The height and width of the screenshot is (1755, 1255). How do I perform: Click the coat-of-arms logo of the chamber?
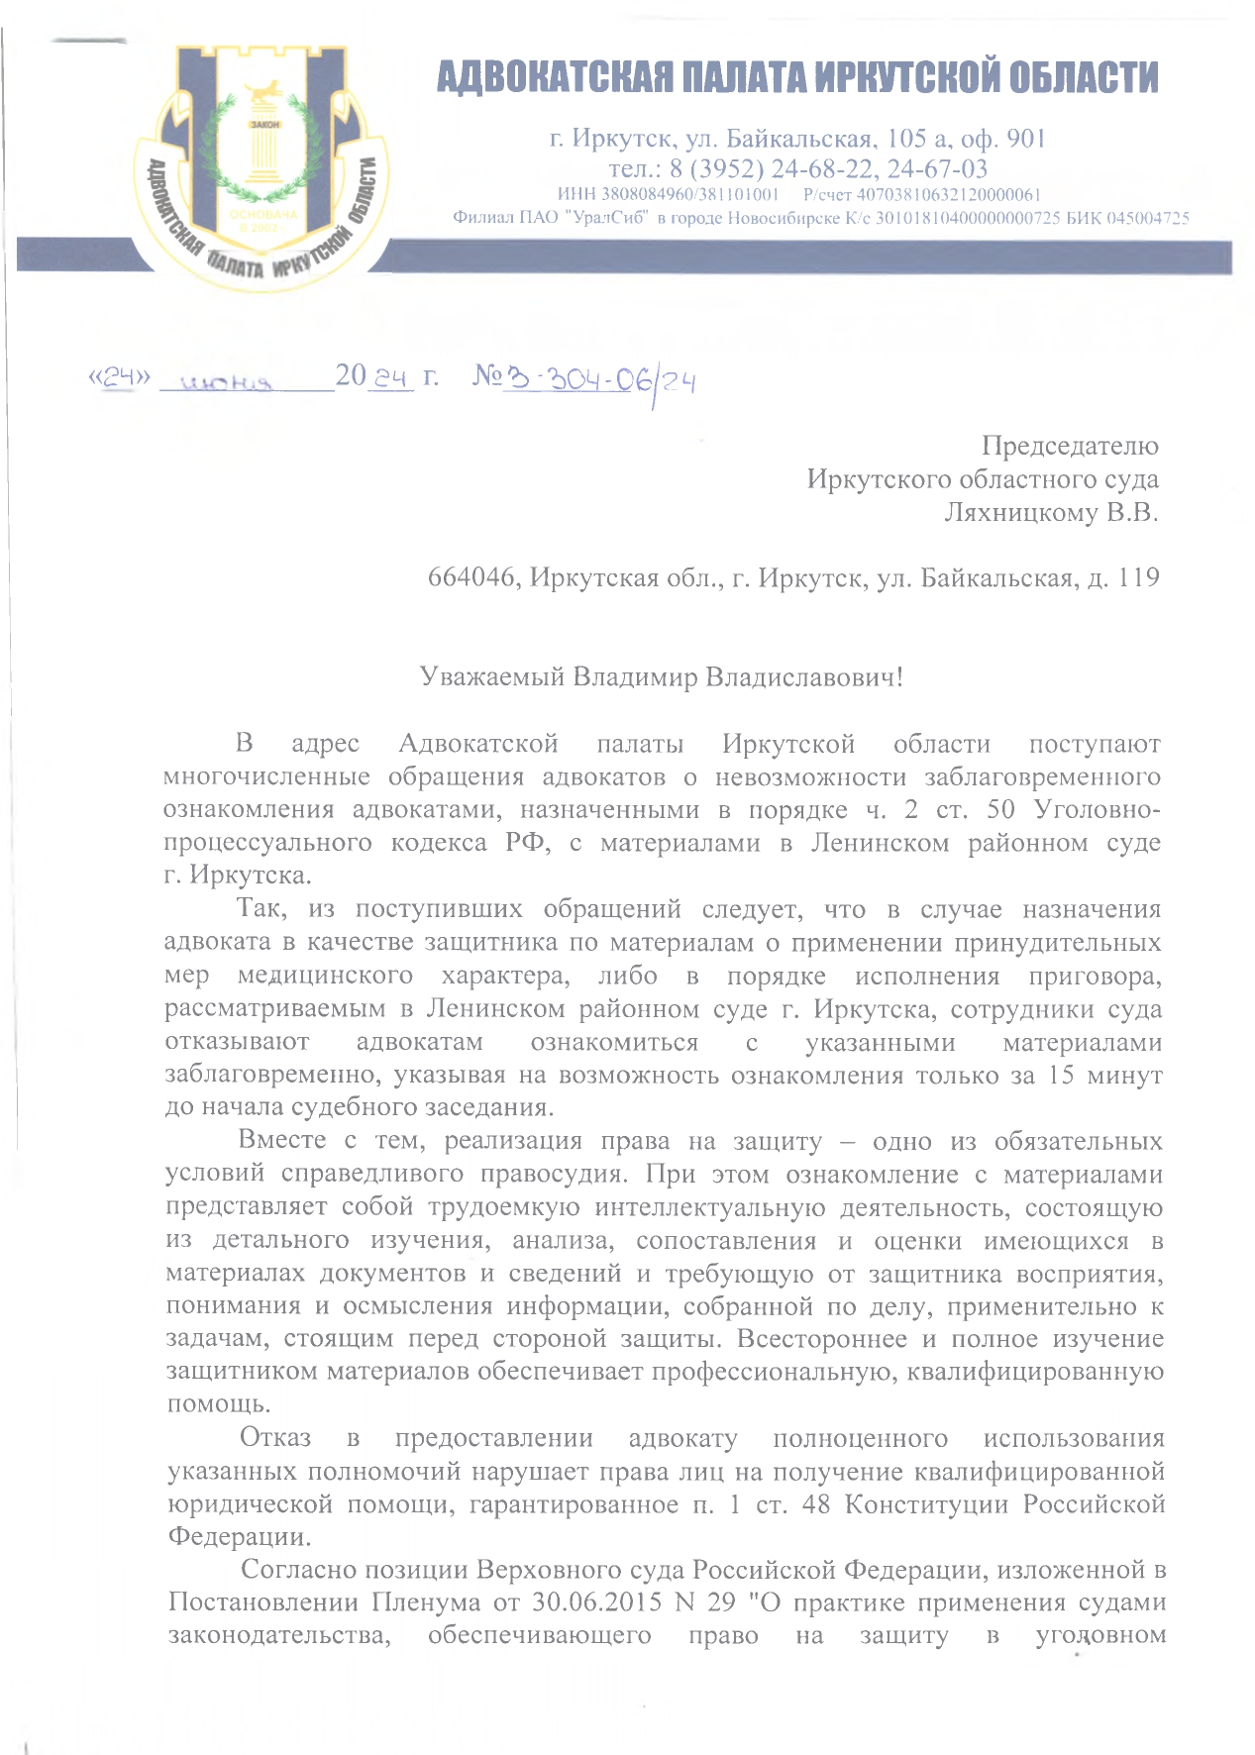pos(262,168)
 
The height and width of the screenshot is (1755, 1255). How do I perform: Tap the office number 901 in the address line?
pos(1026,139)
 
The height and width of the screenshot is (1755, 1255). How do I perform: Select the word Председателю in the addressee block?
pos(1069,446)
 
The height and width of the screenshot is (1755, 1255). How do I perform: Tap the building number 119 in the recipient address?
pos(1138,577)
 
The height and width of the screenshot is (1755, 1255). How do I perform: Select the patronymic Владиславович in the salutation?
pos(800,677)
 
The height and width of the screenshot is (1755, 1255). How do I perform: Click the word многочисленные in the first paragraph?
pos(266,776)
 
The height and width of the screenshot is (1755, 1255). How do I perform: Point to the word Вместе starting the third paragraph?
pos(282,1141)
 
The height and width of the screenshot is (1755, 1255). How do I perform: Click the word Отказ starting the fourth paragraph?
pos(275,1438)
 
